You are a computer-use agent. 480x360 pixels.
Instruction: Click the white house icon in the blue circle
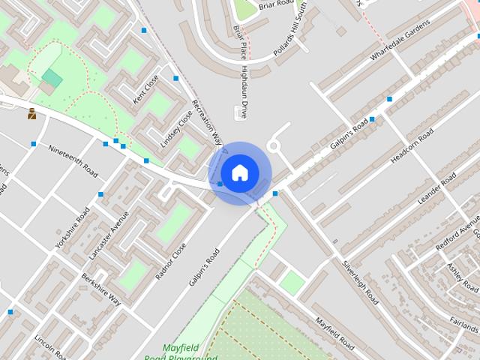pyautogui.click(x=239, y=172)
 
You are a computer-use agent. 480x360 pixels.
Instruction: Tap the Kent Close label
pyautogui.click(x=146, y=89)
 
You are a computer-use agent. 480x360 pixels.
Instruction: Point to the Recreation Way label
pyautogui.click(x=208, y=121)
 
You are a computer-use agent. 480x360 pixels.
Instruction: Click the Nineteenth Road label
pyautogui.click(x=73, y=160)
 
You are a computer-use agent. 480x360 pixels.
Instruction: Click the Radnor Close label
pyautogui.click(x=171, y=260)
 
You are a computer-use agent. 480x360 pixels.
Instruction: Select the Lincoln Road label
pyautogui.click(x=51, y=347)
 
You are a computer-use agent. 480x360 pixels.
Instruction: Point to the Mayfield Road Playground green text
pyautogui.click(x=191, y=352)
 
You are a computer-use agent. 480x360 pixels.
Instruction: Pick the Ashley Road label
pyautogui.click(x=463, y=278)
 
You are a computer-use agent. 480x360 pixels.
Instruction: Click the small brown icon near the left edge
pyautogui.click(x=31, y=114)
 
